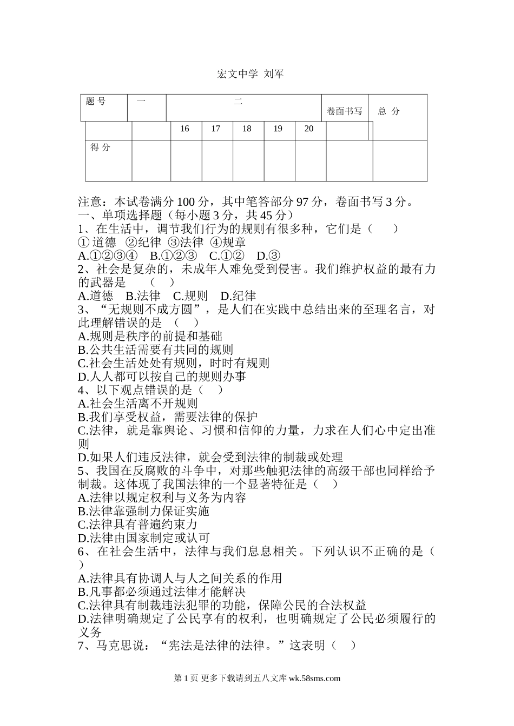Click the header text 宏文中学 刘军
250,74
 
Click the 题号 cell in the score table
96,101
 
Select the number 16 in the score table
184,129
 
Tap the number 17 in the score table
215,129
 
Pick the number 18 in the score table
247,129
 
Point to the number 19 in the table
278,129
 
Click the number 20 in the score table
309,129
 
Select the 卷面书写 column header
344,111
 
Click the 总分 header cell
389,111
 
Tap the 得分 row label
100,147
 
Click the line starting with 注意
247,202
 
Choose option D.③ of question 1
268,256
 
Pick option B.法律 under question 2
143,296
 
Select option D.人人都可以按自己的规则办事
162,377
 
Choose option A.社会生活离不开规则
138,404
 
